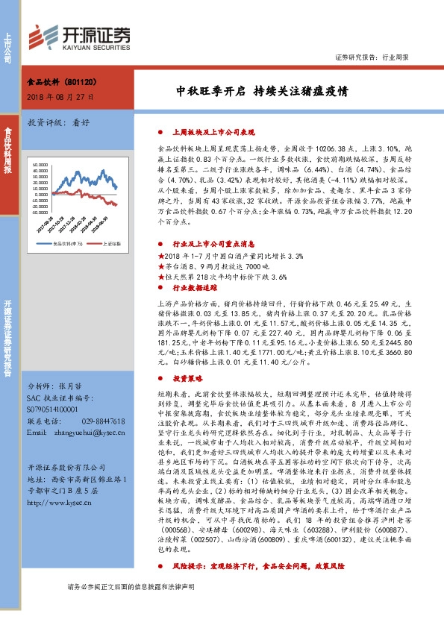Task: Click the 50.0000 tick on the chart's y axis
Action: [x=37, y=163]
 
